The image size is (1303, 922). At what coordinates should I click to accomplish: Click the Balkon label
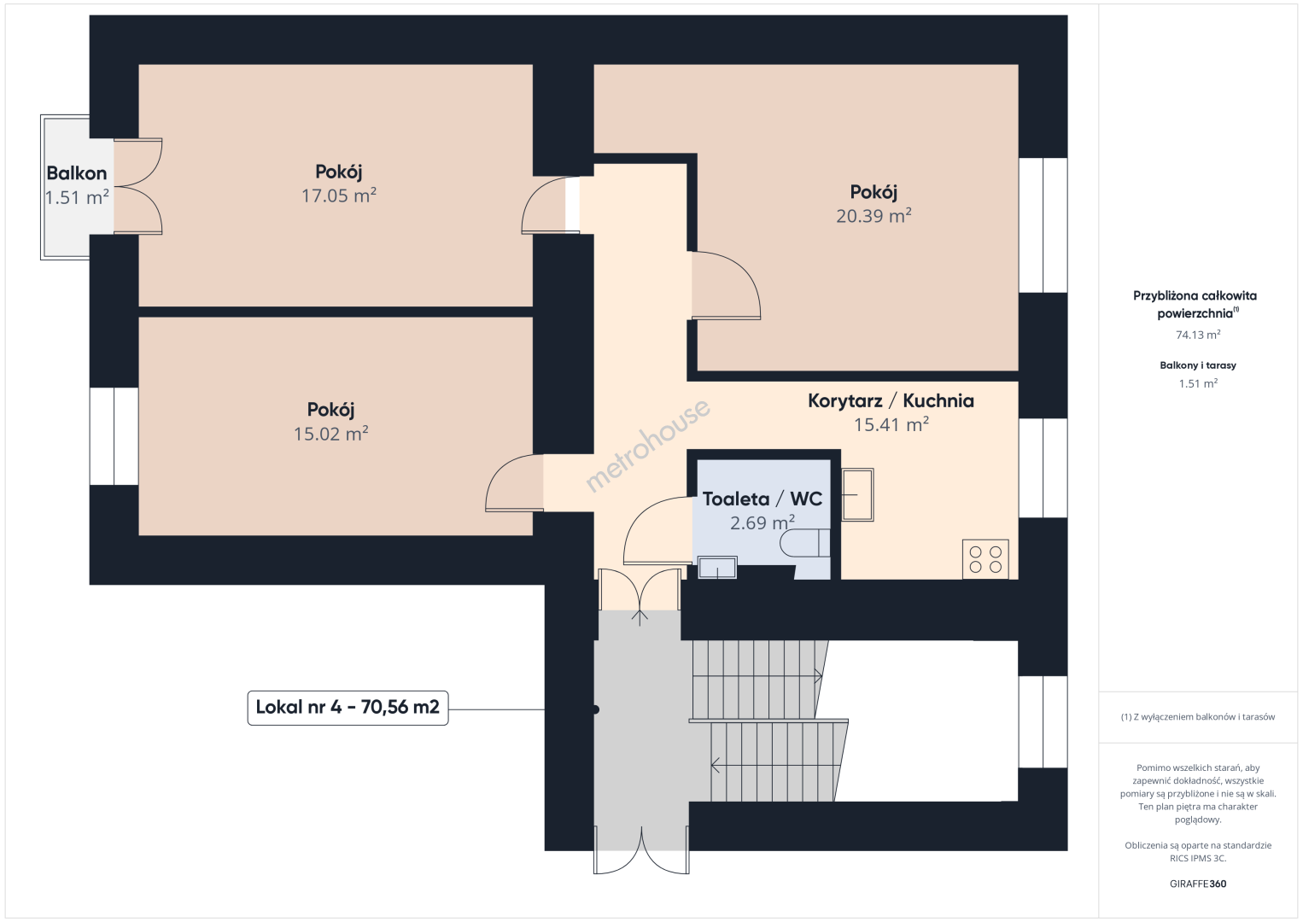77,173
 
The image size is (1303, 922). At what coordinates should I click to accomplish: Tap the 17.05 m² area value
338,195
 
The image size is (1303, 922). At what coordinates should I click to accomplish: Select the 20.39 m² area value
874,216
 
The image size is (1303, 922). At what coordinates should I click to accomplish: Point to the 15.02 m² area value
331,434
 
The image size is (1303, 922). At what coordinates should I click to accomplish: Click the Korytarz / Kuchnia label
891,400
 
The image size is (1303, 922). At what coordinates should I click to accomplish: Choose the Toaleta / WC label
762,499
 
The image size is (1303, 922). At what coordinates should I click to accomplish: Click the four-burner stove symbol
985,559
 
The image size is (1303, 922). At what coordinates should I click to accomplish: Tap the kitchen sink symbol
857,494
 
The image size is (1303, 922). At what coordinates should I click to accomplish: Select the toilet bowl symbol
805,543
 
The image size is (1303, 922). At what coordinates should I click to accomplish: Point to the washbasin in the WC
717,568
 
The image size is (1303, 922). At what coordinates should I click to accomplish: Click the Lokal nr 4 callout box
348,708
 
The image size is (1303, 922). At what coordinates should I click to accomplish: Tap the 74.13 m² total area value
1198,335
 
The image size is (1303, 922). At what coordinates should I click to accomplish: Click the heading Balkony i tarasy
1198,365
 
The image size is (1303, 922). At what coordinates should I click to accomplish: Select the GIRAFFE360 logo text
1198,884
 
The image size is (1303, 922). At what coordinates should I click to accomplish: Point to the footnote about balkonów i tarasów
1198,716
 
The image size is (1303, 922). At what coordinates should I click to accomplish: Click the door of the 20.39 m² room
726,286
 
